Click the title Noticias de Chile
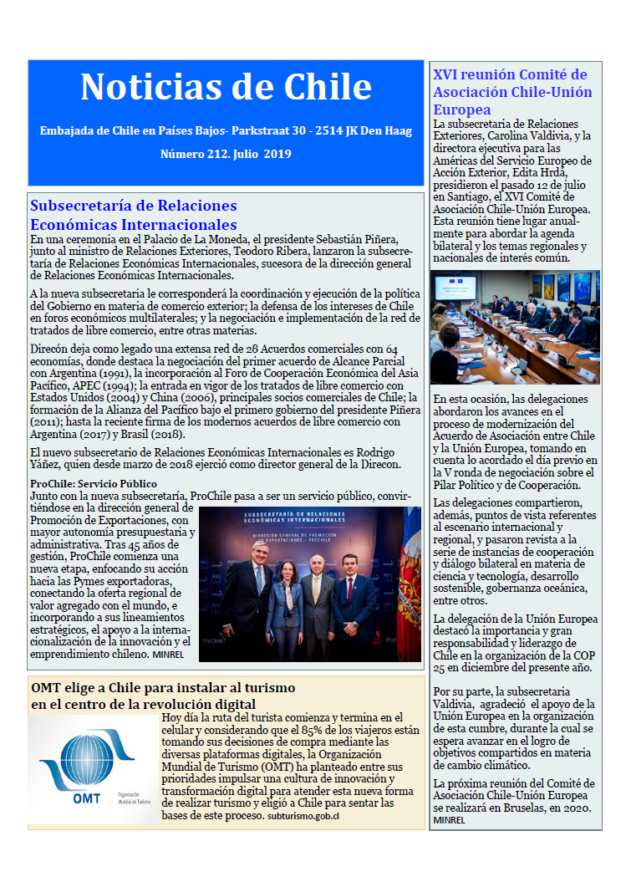(x=226, y=87)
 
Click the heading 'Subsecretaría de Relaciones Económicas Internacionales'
(x=134, y=215)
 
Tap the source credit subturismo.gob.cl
(x=303, y=815)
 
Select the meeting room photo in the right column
(x=516, y=327)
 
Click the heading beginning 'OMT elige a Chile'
(x=163, y=696)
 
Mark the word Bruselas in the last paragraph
(x=522, y=809)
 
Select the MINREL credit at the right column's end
(x=449, y=820)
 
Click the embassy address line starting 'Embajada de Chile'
(x=226, y=130)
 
